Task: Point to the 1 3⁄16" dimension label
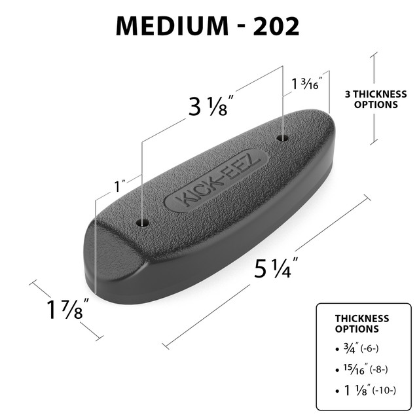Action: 306,83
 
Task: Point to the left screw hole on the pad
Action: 143,223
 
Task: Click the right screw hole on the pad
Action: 283,137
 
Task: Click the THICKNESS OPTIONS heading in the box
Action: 361,323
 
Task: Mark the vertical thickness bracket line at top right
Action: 374,98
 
